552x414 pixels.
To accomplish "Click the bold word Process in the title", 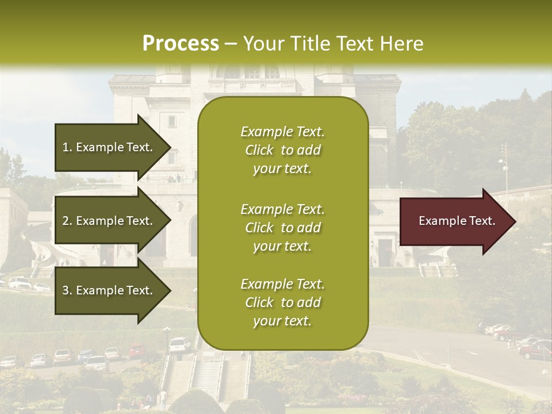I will (x=181, y=43).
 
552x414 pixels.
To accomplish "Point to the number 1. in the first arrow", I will (x=67, y=147).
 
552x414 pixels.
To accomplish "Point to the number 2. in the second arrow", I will (x=67, y=221).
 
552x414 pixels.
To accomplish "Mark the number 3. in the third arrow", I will (x=67, y=290).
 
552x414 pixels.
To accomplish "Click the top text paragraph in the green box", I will (x=282, y=150).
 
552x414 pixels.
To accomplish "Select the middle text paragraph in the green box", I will (x=282, y=227).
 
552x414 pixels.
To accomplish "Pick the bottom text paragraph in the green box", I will (x=282, y=302).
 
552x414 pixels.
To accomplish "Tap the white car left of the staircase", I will (x=179, y=344).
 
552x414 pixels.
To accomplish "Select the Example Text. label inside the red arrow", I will (x=457, y=221).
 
